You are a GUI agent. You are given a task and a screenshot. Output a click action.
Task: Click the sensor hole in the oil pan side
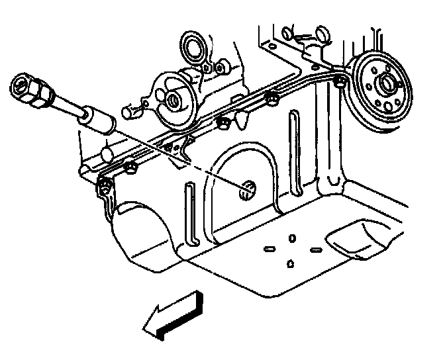[x=247, y=191]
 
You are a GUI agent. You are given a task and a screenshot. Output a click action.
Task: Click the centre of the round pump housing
[x=173, y=101]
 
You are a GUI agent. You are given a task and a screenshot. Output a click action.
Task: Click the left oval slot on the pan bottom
[x=270, y=249]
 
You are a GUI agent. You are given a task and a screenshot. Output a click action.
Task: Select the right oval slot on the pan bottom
[x=315, y=249]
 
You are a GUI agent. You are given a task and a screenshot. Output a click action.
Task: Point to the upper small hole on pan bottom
[x=293, y=237]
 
